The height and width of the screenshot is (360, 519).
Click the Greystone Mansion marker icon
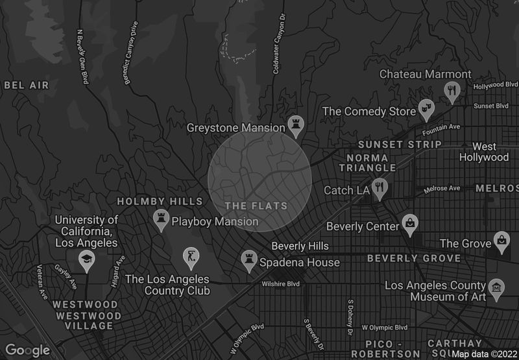coord(296,125)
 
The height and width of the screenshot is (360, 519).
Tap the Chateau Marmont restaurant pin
coord(453,90)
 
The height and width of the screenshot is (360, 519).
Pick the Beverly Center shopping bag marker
coord(410,224)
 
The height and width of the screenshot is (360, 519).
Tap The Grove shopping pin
coord(501,241)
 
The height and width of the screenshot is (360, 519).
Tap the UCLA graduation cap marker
coord(86,260)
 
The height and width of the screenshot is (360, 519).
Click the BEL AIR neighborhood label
coord(26,85)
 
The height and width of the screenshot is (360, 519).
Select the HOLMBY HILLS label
coord(151,202)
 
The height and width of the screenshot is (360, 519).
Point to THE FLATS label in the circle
coord(256,206)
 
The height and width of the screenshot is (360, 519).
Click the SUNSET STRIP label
coord(400,144)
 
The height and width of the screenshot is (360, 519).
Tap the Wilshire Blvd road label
coord(280,284)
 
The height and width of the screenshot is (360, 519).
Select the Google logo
coord(28,350)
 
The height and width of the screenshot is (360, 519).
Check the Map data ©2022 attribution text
coord(484,354)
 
